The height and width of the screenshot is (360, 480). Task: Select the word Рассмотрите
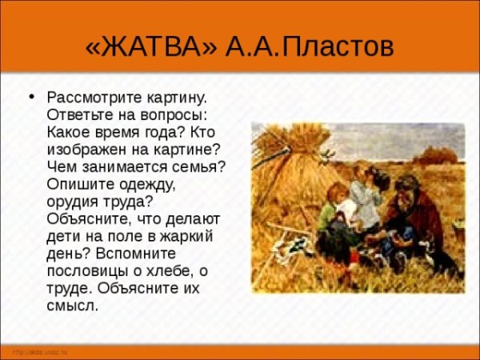point(97,98)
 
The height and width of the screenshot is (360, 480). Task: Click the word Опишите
point(79,184)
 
